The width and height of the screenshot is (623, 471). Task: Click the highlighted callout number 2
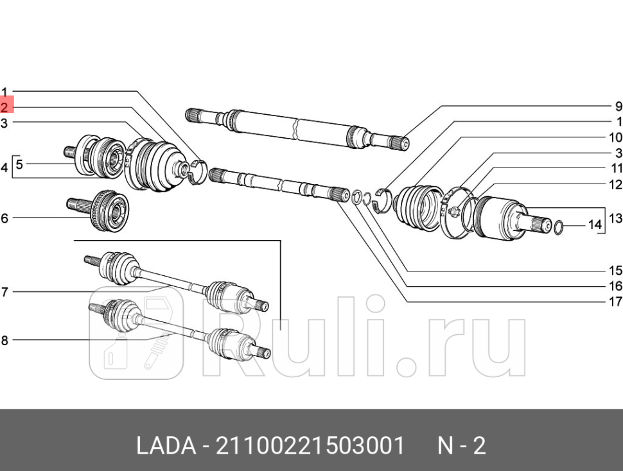click(5, 107)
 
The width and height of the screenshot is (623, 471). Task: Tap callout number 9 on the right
click(618, 107)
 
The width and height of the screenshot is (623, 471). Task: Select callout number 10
click(615, 137)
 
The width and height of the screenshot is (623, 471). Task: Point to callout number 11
click(616, 169)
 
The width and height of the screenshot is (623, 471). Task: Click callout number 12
click(616, 185)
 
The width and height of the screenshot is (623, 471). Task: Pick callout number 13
click(615, 219)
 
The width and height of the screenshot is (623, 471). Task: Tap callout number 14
click(595, 225)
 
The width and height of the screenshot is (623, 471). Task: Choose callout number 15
click(615, 271)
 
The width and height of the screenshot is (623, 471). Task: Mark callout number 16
click(615, 286)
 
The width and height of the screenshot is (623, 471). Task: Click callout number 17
click(615, 302)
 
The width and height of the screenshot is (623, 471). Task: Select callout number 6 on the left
click(4, 219)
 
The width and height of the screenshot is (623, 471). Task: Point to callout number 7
click(4, 293)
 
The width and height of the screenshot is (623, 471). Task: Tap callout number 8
click(4, 340)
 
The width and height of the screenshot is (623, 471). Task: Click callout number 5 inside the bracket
click(19, 164)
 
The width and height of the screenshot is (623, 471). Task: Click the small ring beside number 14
click(558, 227)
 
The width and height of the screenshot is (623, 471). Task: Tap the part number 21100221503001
click(311, 445)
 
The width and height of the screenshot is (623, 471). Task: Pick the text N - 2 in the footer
click(462, 445)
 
